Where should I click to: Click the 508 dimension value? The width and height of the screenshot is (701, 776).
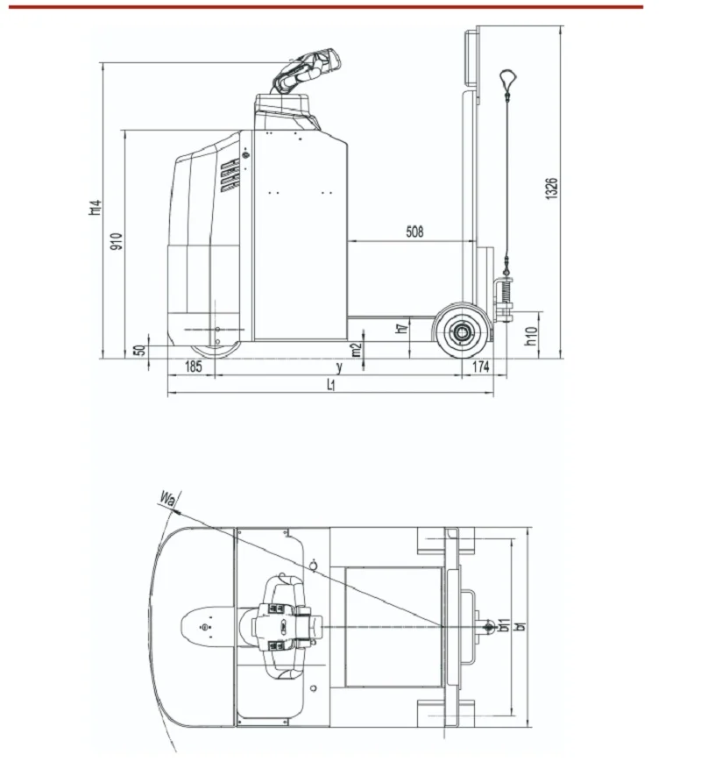(x=414, y=231)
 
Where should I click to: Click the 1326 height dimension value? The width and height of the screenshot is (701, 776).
(x=551, y=189)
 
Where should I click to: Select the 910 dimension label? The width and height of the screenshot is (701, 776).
(x=117, y=241)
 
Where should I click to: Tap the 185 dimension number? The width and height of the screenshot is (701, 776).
(x=194, y=367)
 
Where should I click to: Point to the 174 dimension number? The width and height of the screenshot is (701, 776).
(x=481, y=367)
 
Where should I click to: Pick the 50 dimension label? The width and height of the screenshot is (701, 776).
(x=140, y=350)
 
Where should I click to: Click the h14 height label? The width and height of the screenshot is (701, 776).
(x=95, y=207)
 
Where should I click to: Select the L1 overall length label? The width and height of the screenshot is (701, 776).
(x=331, y=385)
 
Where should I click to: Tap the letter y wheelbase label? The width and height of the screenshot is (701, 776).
(x=339, y=367)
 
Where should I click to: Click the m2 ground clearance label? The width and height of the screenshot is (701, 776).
(x=357, y=350)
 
